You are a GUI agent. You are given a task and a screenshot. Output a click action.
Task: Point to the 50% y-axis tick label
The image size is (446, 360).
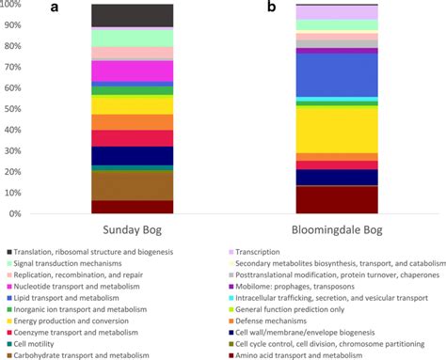tap(21, 110)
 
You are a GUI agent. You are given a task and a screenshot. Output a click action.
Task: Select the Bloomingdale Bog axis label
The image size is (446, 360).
tap(323, 231)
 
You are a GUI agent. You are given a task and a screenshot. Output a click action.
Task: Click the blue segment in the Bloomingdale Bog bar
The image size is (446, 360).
tap(323, 75)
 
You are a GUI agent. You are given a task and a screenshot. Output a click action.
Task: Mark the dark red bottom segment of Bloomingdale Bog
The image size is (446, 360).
tap(323, 199)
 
